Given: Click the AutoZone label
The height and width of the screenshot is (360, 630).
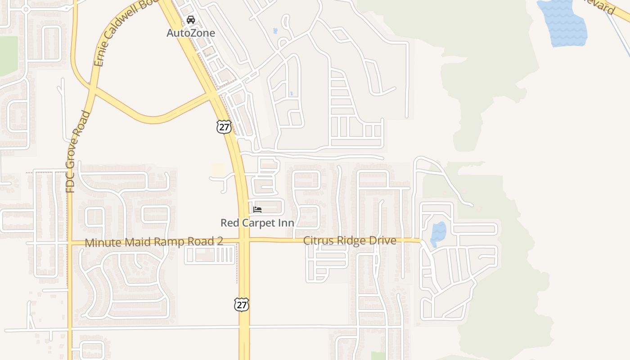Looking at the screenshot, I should (191, 33).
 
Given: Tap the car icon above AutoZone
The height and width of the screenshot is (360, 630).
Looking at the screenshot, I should (191, 20).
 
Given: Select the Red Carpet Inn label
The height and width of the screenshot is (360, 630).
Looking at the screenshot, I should (257, 223).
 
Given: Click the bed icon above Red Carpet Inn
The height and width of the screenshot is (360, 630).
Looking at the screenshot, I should (257, 210).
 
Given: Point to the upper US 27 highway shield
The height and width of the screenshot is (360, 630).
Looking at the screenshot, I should (224, 127).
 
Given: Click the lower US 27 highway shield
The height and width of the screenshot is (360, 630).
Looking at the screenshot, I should (242, 305).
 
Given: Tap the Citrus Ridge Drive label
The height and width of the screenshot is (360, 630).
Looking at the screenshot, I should (350, 240).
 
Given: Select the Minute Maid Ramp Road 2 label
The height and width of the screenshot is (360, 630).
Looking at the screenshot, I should (154, 242).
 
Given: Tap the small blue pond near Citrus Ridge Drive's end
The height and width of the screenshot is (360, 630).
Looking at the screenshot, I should (438, 234).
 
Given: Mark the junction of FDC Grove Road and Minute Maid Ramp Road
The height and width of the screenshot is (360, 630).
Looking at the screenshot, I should (70, 243).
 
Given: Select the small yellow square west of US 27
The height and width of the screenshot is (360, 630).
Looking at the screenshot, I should (218, 170).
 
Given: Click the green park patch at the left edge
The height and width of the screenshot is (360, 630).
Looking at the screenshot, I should (9, 55).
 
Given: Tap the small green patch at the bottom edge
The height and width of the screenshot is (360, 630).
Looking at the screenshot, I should (378, 355).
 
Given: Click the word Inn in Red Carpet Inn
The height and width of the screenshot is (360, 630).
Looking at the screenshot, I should (286, 223).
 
